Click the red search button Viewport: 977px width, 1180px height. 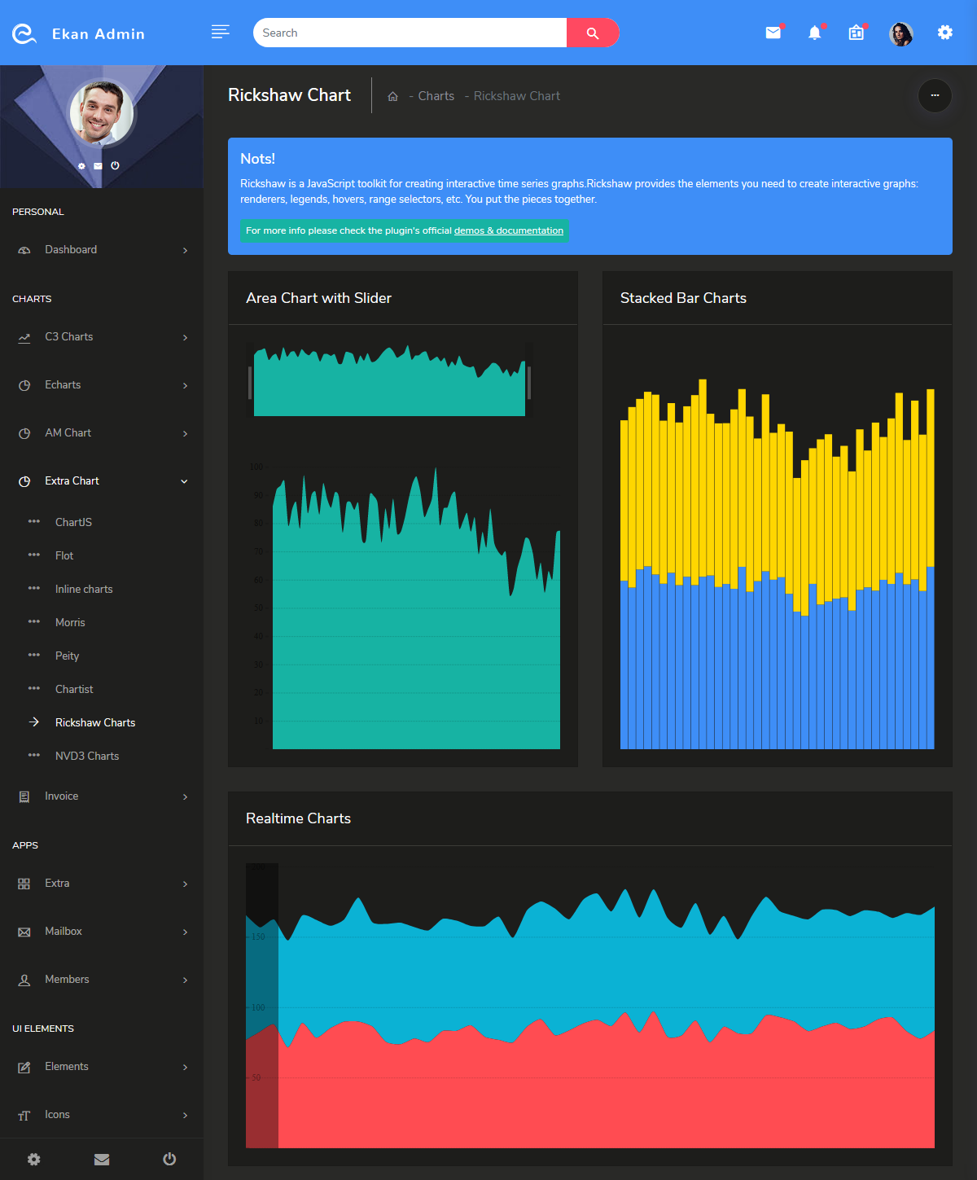click(x=592, y=33)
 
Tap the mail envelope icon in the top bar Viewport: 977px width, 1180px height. click(x=773, y=33)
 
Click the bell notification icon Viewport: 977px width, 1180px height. click(x=814, y=33)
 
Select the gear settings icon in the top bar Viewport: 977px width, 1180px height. click(x=944, y=33)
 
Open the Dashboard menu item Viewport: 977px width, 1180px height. click(x=71, y=250)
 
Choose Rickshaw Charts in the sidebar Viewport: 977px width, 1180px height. click(x=94, y=722)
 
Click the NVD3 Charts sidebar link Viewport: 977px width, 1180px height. click(x=86, y=756)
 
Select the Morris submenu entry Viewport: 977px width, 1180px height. click(x=70, y=622)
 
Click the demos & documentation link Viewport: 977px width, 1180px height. click(x=508, y=230)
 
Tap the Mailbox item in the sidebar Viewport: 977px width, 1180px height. click(x=64, y=931)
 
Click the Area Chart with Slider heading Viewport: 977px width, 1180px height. click(x=318, y=298)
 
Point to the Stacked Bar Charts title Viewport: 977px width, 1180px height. click(x=683, y=298)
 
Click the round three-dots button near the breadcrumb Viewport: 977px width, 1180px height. click(x=935, y=95)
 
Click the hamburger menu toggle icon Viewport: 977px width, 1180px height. click(x=220, y=32)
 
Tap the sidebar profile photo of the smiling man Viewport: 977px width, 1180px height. click(x=102, y=112)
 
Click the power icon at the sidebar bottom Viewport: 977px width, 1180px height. click(x=169, y=1159)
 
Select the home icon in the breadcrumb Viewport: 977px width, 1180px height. click(x=392, y=96)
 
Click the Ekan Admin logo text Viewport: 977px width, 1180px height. click(x=98, y=34)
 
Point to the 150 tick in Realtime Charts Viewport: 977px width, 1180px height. click(x=258, y=937)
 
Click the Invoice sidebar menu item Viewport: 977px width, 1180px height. click(x=62, y=796)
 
